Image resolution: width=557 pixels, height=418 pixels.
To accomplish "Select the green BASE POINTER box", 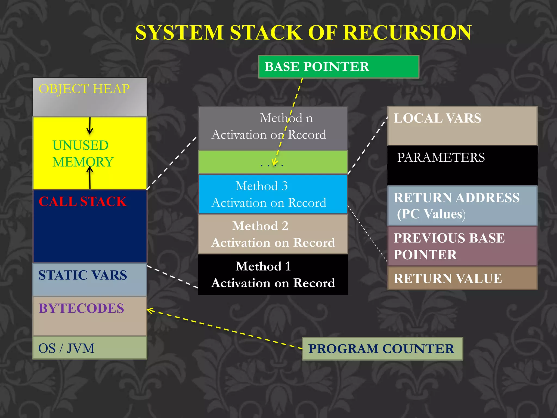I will pyautogui.click(x=338, y=67).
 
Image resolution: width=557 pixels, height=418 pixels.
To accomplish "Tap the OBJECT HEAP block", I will pyautogui.click(x=90, y=97).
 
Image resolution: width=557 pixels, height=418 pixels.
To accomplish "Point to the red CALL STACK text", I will pyautogui.click(x=82, y=202).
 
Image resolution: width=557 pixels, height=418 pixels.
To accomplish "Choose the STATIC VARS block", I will pyautogui.click(x=90, y=279).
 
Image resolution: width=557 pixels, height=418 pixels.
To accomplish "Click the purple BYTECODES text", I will pyautogui.click(x=81, y=308).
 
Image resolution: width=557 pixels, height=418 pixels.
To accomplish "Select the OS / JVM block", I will pyautogui.click(x=90, y=348).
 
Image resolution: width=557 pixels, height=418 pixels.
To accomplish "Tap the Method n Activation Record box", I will pyautogui.click(x=273, y=128).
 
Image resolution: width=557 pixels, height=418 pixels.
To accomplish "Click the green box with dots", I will pyautogui.click(x=273, y=162).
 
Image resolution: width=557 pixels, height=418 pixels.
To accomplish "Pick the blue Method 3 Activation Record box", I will pyautogui.click(x=273, y=194).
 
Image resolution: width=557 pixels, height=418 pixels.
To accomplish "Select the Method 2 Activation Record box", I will pyautogui.click(x=273, y=234).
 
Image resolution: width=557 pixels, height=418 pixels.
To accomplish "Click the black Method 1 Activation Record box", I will pyautogui.click(x=273, y=274).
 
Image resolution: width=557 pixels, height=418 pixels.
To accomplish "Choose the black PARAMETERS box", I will pyautogui.click(x=462, y=165).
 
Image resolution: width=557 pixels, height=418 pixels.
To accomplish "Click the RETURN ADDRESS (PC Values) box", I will pyautogui.click(x=462, y=205).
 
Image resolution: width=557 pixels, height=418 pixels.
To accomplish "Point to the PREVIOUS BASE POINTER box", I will pyautogui.click(x=462, y=246).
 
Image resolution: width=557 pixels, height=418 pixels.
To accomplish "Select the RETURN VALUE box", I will pyautogui.click(x=462, y=278).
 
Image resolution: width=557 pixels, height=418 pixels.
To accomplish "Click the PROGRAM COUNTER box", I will pyautogui.click(x=382, y=349).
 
